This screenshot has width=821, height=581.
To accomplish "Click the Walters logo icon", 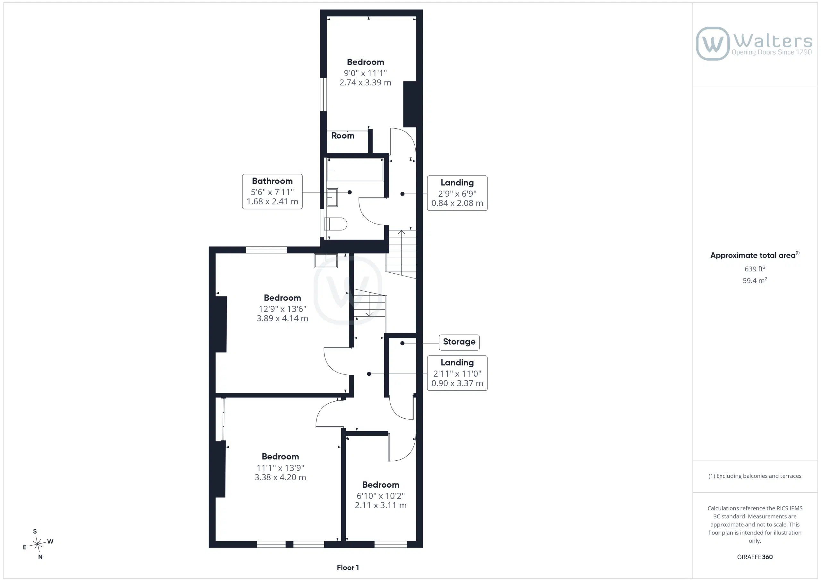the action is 712,43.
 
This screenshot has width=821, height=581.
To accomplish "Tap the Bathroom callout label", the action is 272,192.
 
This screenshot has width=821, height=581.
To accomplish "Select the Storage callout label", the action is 459,342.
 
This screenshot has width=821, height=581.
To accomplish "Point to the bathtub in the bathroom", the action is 355,170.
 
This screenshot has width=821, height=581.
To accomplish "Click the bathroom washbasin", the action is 332,198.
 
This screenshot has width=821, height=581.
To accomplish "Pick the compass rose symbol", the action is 38,544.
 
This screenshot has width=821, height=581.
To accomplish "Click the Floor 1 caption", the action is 348,568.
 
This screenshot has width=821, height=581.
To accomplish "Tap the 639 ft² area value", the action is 755,269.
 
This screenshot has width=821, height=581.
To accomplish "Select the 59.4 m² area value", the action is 755,280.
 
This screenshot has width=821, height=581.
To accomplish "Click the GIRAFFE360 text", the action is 755,557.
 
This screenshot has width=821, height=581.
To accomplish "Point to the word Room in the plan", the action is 343,136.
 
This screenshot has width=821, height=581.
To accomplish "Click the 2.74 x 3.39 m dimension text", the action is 365,83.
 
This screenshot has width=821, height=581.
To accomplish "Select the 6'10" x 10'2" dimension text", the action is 380,496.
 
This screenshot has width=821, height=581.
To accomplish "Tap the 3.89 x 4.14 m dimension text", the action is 282,318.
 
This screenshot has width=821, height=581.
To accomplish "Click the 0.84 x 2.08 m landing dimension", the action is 457,203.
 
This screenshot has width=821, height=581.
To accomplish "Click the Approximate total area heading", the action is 755,255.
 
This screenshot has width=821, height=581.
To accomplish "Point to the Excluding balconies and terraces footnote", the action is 755,476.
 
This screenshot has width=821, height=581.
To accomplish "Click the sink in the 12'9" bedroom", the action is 326,261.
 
